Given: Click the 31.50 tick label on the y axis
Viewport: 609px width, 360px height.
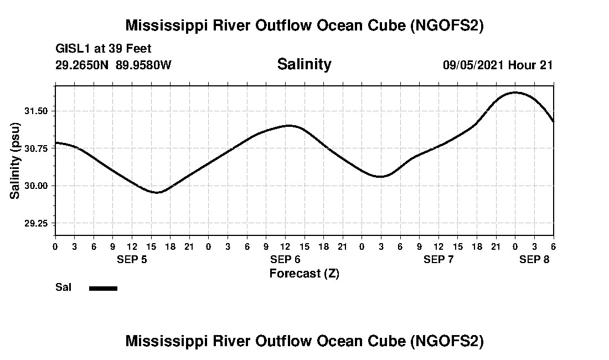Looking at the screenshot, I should (x=37, y=111).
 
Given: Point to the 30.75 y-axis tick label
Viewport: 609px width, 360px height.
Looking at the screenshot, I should (x=37, y=148).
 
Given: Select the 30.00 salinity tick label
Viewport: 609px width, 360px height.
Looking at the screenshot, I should (x=37, y=186).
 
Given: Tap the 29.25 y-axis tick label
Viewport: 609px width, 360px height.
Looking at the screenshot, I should (x=37, y=223).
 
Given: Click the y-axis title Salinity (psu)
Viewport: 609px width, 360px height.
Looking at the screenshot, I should (x=16, y=161).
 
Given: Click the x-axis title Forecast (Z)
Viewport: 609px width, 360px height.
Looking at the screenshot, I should (x=304, y=274).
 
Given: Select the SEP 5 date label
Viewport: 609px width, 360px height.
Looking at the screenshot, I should (x=132, y=259).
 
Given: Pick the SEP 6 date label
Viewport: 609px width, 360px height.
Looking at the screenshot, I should (x=285, y=259).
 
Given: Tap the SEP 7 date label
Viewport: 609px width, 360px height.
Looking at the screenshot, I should (x=438, y=259).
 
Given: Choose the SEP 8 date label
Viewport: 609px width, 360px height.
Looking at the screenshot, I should (x=534, y=259).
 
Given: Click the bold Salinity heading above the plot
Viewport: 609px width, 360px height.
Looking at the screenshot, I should (x=304, y=64).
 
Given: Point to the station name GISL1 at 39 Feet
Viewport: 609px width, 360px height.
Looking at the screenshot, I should (x=104, y=49).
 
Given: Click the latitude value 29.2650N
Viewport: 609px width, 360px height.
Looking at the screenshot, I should (x=83, y=65).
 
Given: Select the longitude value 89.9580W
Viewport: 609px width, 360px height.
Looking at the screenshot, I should (x=144, y=65).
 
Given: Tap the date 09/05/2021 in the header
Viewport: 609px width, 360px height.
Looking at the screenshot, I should (x=473, y=65).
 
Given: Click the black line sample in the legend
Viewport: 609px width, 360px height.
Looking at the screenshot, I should (x=103, y=288).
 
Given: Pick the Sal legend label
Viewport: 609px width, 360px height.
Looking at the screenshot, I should (x=63, y=287).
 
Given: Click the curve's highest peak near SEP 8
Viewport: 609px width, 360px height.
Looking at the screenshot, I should (x=515, y=92).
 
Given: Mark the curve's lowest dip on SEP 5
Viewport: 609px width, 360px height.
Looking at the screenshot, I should (x=157, y=193).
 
